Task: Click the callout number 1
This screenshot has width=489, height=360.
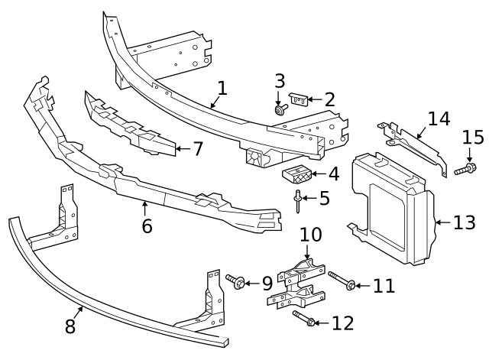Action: (222, 88)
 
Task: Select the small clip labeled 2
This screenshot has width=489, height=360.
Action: (299, 99)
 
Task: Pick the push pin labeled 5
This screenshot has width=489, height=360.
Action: (296, 202)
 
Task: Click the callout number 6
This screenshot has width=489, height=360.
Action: (147, 225)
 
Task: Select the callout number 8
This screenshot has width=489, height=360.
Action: (70, 326)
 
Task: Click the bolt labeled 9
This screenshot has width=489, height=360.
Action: (236, 283)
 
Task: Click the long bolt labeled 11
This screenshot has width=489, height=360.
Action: (340, 282)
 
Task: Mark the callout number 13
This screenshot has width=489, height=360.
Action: (464, 222)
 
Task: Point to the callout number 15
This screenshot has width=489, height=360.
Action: (473, 138)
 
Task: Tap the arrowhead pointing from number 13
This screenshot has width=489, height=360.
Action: (437, 222)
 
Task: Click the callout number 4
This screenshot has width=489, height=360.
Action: (334, 174)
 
